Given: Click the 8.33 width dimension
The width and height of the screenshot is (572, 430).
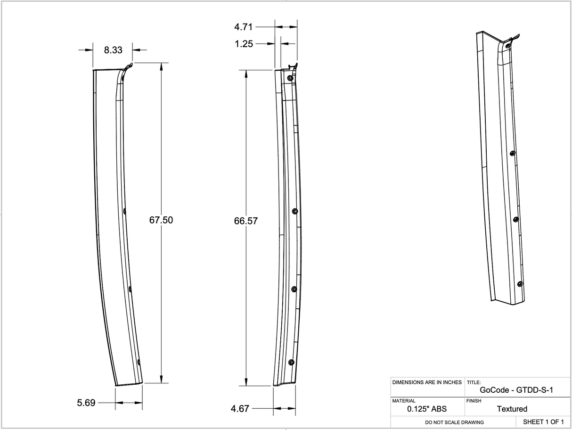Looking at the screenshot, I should [x=113, y=50].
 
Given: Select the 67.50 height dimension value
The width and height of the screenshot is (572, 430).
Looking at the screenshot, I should [x=161, y=220].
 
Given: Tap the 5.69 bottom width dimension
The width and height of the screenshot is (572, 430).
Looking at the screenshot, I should [x=86, y=403].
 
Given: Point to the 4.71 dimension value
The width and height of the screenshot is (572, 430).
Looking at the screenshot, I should [x=244, y=27].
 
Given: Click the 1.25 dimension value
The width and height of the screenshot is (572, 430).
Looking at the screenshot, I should [x=244, y=44].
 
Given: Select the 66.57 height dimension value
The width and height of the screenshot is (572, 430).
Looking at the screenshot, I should [x=246, y=221].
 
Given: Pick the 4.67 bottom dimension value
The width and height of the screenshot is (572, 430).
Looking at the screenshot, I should [x=240, y=409].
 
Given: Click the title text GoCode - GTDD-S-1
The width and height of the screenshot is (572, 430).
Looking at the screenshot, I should [x=516, y=390].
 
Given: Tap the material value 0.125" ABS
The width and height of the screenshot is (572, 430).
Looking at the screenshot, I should [x=427, y=409].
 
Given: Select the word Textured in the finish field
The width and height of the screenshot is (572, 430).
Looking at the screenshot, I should [x=512, y=409].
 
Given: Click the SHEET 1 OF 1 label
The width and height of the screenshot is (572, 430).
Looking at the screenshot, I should [x=543, y=422].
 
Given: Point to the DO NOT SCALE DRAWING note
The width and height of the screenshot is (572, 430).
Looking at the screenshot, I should [x=454, y=422].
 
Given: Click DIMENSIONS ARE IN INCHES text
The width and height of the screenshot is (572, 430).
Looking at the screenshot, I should [x=427, y=382].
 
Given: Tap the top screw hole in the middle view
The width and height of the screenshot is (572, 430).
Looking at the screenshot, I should [x=290, y=78].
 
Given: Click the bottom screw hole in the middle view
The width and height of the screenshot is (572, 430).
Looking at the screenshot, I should [x=291, y=362].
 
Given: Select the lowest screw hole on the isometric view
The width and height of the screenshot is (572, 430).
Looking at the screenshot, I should [x=520, y=283].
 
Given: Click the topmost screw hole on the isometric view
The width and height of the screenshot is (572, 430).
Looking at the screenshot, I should [x=507, y=46].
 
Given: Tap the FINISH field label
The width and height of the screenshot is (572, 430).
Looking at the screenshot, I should [x=474, y=401].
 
